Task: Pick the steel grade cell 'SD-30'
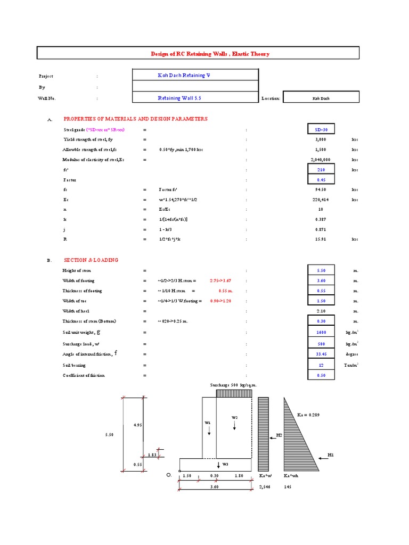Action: pyautogui.click(x=321, y=129)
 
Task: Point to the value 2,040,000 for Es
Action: pyautogui.click(x=321, y=160)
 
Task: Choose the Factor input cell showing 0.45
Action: pyautogui.click(x=321, y=180)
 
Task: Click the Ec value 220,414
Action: pyautogui.click(x=321, y=200)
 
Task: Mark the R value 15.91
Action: pyautogui.click(x=321, y=240)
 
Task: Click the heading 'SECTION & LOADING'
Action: pyautogui.click(x=91, y=260)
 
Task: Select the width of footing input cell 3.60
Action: pyautogui.click(x=321, y=281)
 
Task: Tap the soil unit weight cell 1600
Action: pyautogui.click(x=321, y=333)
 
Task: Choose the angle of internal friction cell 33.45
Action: pyautogui.click(x=321, y=354)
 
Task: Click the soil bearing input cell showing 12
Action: pyautogui.click(x=321, y=365)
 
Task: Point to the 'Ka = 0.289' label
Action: pyautogui.click(x=309, y=415)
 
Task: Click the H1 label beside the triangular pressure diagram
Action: pyautogui.click(x=330, y=455)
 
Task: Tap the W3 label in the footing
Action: pyautogui.click(x=226, y=465)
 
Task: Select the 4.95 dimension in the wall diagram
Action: pyautogui.click(x=138, y=425)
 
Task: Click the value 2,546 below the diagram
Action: pyautogui.click(x=265, y=486)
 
